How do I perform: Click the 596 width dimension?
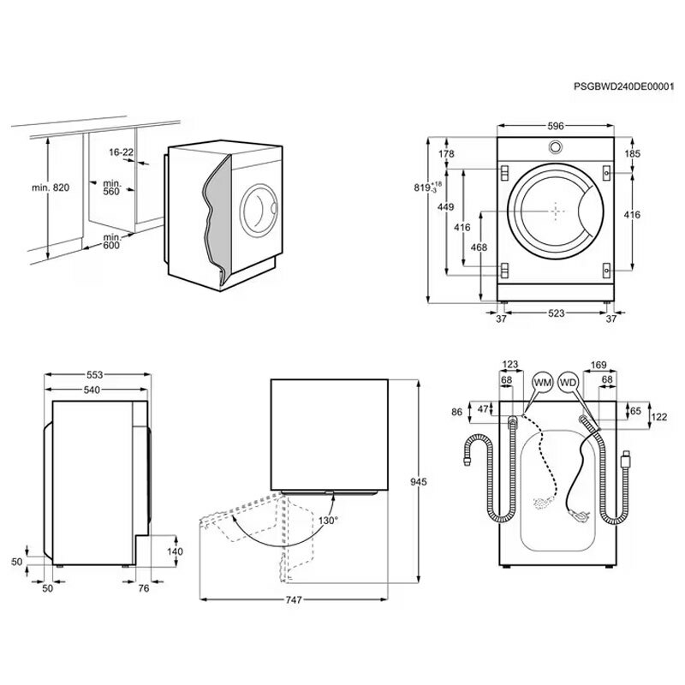[555, 126]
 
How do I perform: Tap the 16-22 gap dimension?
[121, 152]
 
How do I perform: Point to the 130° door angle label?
[328, 520]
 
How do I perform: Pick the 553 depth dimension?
[95, 376]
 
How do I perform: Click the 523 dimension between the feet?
[556, 313]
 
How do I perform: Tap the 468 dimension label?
[479, 247]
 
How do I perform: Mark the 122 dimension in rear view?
[660, 417]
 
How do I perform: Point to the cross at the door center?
[556, 210]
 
